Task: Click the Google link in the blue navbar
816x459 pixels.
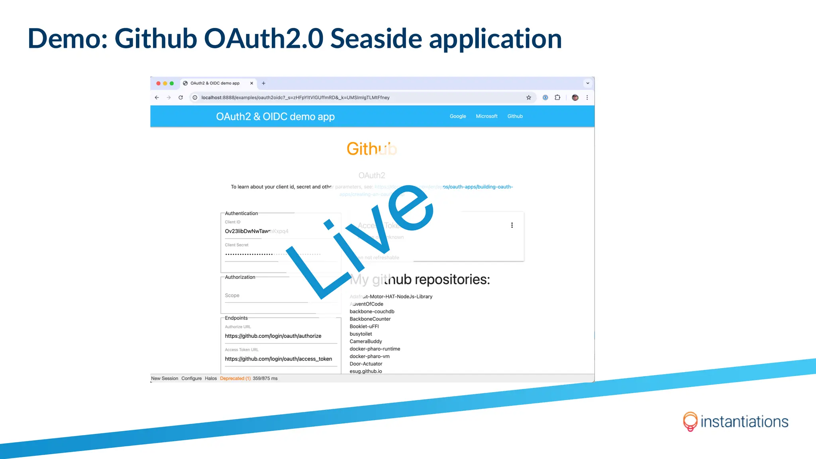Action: [x=457, y=116]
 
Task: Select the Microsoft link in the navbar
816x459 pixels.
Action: [x=486, y=116]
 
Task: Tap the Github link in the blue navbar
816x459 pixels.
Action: [x=515, y=116]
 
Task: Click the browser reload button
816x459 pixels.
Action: [x=180, y=98]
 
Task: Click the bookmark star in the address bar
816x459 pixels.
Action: [x=529, y=98]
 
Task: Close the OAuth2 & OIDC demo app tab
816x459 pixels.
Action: [x=251, y=83]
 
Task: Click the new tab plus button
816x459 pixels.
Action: [x=263, y=83]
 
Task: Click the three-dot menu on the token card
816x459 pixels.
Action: [x=512, y=226]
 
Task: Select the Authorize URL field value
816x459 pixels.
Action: [x=273, y=336]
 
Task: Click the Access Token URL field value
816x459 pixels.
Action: [x=278, y=359]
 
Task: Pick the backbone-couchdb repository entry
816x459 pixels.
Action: [x=372, y=312]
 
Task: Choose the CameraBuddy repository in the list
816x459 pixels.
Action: [x=366, y=341]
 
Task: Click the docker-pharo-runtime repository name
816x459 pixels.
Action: [x=375, y=349]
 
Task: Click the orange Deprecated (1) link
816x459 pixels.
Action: [x=235, y=379]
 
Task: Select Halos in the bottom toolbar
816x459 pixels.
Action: [x=211, y=379]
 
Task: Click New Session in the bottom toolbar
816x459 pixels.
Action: [x=165, y=379]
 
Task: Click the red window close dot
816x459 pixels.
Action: [x=158, y=83]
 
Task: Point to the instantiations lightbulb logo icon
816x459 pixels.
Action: [x=690, y=421]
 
